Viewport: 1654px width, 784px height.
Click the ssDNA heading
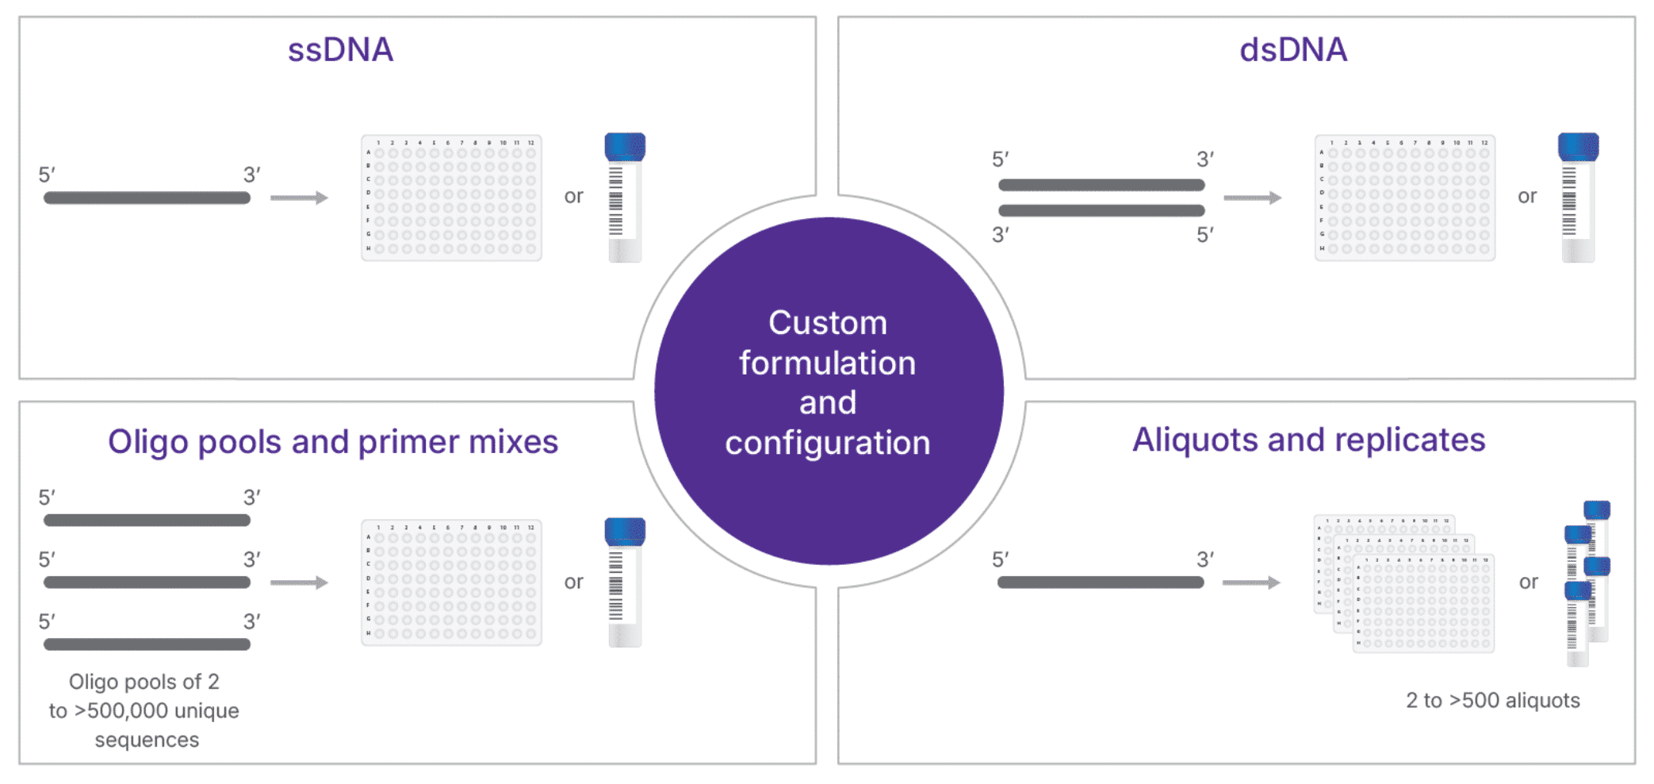click(x=340, y=50)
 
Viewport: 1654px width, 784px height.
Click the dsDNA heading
click(x=1293, y=50)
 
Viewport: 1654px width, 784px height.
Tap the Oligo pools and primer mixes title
click(x=333, y=442)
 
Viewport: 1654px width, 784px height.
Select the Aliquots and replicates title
click(x=1308, y=440)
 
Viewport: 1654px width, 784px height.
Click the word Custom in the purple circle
click(x=828, y=323)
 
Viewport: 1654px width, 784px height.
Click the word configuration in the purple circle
click(x=828, y=443)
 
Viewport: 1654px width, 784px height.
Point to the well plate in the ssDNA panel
click(x=451, y=198)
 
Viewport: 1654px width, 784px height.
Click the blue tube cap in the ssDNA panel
click(x=625, y=147)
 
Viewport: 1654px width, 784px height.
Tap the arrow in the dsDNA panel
click(x=1252, y=198)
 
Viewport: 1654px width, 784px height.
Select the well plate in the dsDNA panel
click(x=1404, y=198)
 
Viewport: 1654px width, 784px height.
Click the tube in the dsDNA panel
click(x=1578, y=198)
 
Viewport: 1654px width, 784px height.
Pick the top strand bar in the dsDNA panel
click(x=1101, y=185)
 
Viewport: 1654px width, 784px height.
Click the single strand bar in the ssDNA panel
click(x=147, y=198)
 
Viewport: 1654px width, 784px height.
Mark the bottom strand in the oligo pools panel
click(x=147, y=644)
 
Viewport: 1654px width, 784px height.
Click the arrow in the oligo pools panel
click(x=299, y=582)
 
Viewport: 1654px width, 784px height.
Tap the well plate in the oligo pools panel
click(x=451, y=582)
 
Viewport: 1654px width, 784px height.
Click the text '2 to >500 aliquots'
click(x=1492, y=701)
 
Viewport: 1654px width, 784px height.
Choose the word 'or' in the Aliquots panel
click(x=1528, y=582)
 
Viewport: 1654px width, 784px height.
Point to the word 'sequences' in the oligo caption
click(x=147, y=740)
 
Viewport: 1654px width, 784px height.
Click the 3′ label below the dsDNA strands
click(x=1001, y=235)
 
